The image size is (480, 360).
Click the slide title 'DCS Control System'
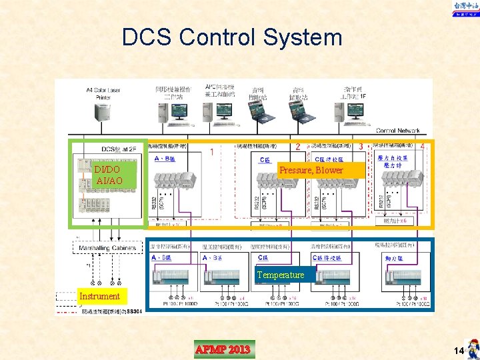click(231, 37)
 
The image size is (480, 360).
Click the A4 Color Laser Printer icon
click(103, 113)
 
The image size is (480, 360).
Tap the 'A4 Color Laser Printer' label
click(103, 93)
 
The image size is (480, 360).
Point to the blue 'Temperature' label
click(280, 275)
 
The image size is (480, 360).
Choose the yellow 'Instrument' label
click(99, 296)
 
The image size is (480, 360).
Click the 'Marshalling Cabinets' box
click(107, 247)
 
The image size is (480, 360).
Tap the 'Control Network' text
click(397, 131)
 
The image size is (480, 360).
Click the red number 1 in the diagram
click(212, 151)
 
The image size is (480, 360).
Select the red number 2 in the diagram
click(297, 146)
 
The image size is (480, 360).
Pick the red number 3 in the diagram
click(361, 145)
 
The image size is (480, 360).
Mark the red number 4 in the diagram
click(422, 145)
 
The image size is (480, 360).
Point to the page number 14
click(457, 351)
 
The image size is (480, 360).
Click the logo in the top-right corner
click(464, 9)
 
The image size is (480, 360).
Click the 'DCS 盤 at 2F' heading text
click(119, 149)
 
